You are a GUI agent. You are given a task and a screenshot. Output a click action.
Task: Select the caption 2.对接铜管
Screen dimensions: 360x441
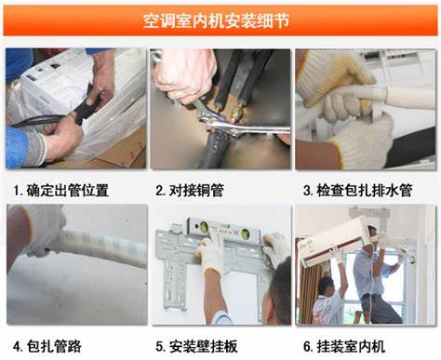[193, 191]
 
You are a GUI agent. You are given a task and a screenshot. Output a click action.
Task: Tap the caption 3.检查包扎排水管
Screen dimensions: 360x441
[362, 191]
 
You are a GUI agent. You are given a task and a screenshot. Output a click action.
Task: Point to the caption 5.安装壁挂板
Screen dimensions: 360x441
[199, 346]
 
